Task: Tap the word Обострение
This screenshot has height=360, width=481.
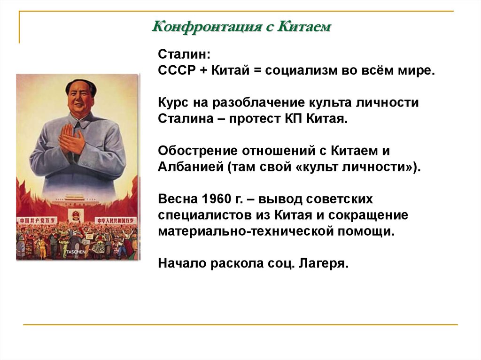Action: click(x=197, y=152)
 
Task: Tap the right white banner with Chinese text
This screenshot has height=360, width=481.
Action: click(x=116, y=220)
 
